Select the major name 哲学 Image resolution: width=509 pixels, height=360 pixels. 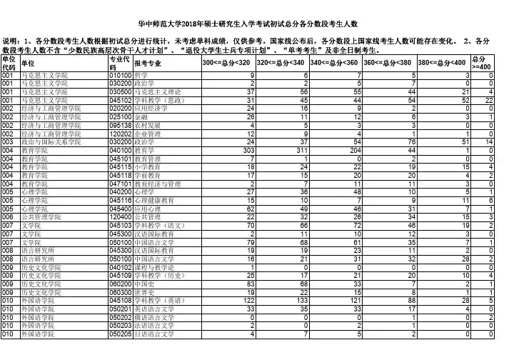click(x=141, y=75)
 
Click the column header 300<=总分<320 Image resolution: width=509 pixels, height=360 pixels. click(x=226, y=64)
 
